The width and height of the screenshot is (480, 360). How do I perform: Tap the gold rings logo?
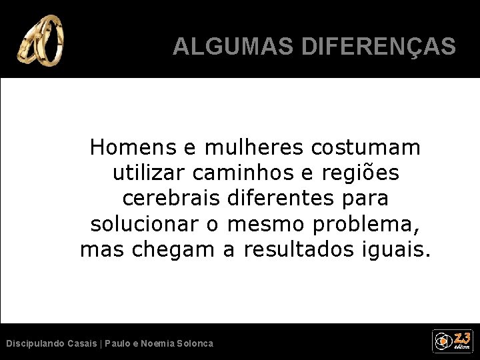[x=43, y=42]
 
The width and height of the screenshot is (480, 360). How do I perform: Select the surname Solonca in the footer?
[x=192, y=343]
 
